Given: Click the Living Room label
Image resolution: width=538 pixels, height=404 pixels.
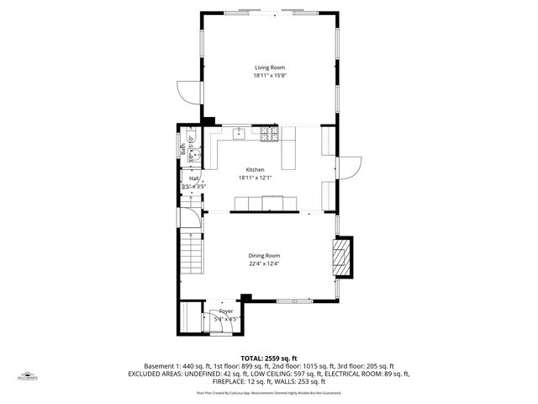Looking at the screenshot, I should [x=270, y=66].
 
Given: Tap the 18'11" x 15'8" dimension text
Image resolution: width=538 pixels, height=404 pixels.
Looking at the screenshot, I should [x=270, y=76].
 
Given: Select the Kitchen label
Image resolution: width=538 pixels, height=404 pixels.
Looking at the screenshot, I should [x=255, y=169].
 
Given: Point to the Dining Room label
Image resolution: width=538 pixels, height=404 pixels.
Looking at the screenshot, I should [x=264, y=255].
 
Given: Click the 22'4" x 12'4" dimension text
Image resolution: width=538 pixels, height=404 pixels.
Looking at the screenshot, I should [x=264, y=263].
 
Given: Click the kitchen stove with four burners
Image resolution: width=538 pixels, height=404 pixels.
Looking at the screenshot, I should [x=269, y=133].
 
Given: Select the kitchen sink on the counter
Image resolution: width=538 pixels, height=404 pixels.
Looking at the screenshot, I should [x=240, y=132].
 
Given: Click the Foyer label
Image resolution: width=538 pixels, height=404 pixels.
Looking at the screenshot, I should [x=226, y=311].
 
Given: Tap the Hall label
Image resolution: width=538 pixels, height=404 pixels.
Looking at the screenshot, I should [x=193, y=178].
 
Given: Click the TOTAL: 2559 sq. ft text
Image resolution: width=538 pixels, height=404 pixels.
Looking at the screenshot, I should [x=269, y=359].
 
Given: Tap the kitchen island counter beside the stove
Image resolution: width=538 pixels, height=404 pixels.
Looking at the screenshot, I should [x=290, y=151].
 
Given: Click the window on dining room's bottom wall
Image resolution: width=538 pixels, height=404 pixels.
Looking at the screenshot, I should [x=294, y=300].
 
